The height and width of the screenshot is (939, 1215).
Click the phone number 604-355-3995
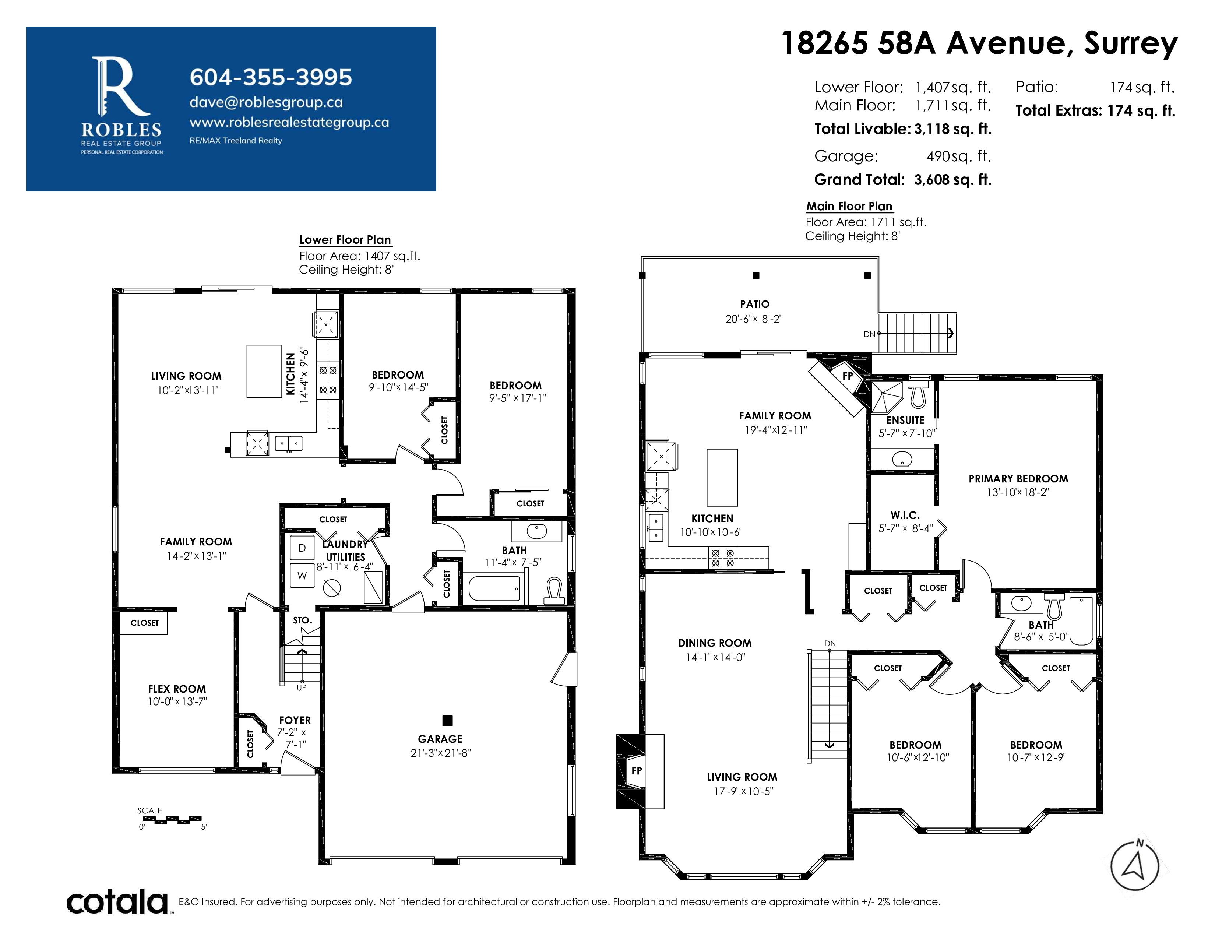271,77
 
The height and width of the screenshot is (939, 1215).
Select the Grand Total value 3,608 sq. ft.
952,180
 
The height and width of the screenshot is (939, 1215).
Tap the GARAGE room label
440,739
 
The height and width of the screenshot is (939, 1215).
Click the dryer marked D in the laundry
302,548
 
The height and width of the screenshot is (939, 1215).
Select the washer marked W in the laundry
302,576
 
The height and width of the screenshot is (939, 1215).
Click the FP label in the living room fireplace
637,770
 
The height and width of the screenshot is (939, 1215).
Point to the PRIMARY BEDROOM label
1018,478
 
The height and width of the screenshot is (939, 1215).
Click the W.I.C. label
905,515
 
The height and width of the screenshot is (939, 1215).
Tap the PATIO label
754,304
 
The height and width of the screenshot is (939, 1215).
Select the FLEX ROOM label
177,689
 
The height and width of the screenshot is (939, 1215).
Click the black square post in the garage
447,720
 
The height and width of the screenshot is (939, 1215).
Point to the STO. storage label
303,620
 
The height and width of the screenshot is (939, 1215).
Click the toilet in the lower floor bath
554,590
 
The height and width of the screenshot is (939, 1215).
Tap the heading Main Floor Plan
849,206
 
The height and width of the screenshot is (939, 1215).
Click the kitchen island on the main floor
722,477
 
